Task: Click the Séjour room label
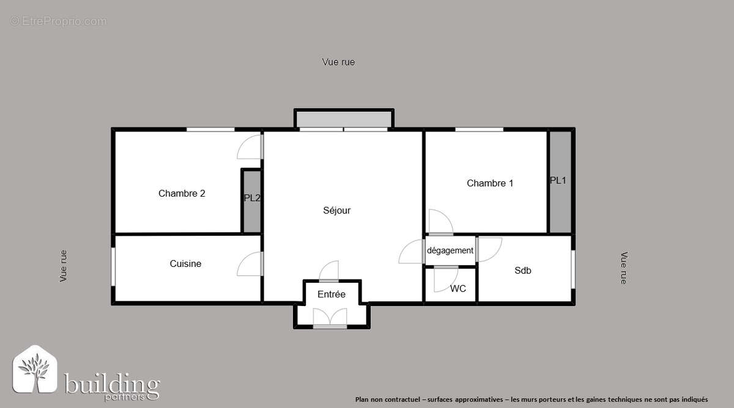[336, 211]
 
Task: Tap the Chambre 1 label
[490, 183]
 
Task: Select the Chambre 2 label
[182, 194]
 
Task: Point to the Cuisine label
[185, 264]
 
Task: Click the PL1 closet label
[558, 180]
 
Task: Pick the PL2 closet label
[252, 198]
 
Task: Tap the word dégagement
[450, 250]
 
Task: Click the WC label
[458, 288]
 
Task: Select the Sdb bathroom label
[522, 270]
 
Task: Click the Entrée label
[332, 294]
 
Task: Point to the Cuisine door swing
[250, 264]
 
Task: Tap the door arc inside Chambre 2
[250, 147]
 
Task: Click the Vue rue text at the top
[338, 62]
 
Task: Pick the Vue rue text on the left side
[64, 266]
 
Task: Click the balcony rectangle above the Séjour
[343, 118]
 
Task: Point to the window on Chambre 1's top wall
[479, 129]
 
